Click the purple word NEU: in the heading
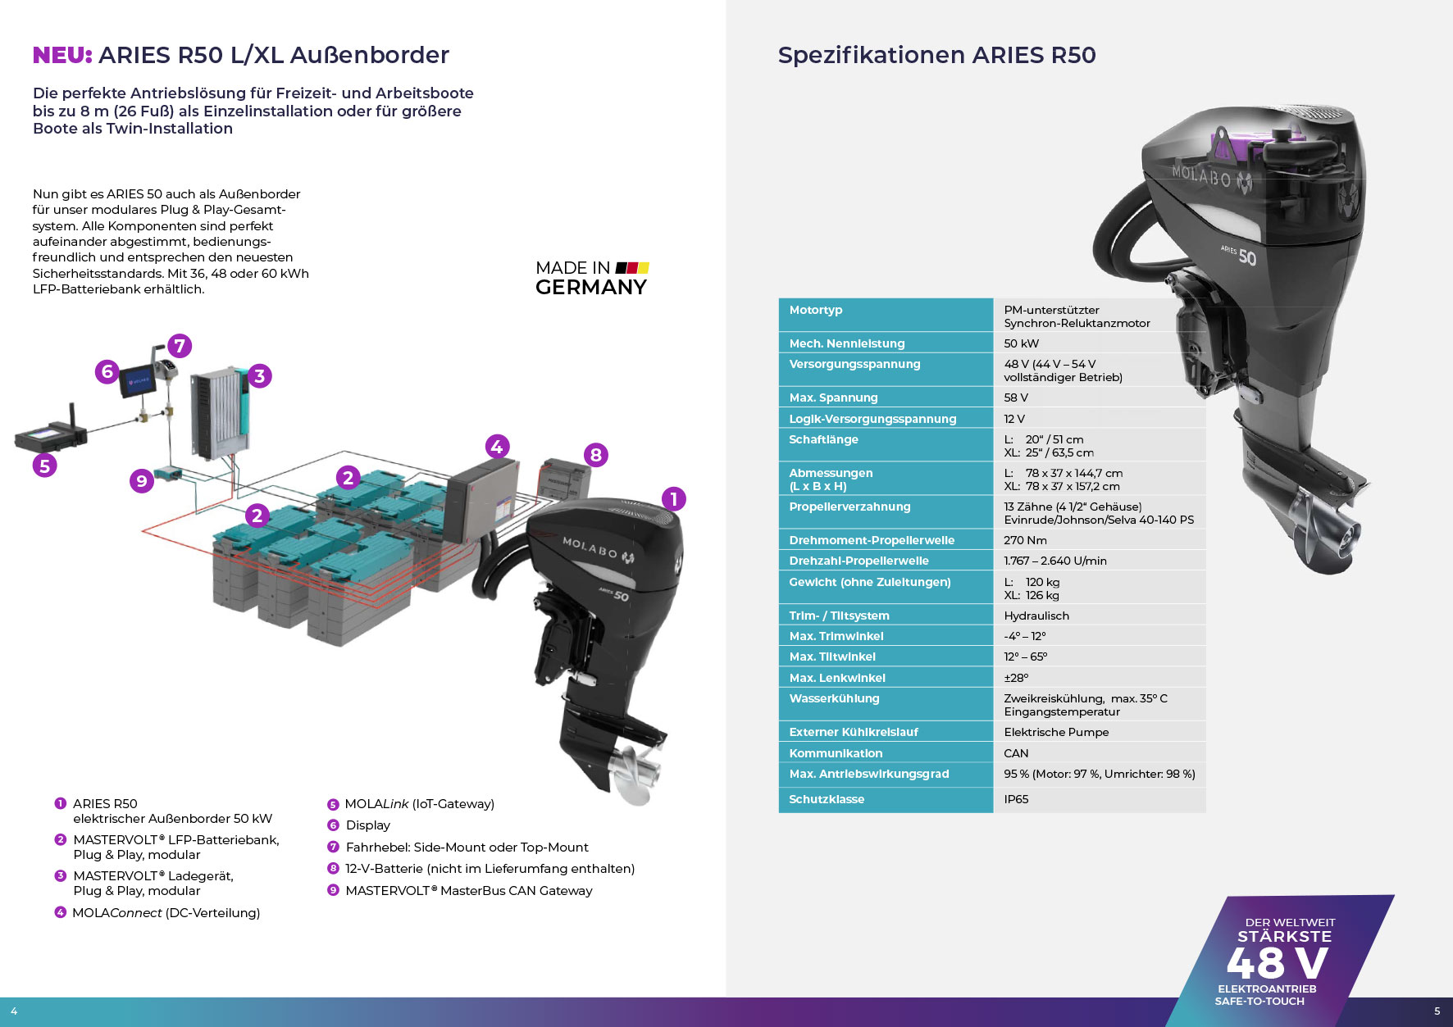pyautogui.click(x=62, y=55)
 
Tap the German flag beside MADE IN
pyautogui.click(x=632, y=268)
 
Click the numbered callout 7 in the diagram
pyautogui.click(x=180, y=346)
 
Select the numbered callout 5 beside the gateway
pyautogui.click(x=44, y=466)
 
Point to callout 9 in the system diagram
pyautogui.click(x=142, y=480)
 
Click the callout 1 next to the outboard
pyautogui.click(x=673, y=498)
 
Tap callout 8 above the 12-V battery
pyautogui.click(x=596, y=455)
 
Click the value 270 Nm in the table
pyautogui.click(x=1025, y=540)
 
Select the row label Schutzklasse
pyautogui.click(x=827, y=799)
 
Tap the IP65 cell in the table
pyautogui.click(x=1016, y=799)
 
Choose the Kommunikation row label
pyautogui.click(x=836, y=753)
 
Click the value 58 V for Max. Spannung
pyautogui.click(x=1016, y=398)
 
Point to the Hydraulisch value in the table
pyautogui.click(x=1036, y=616)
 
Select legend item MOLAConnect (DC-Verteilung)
pyautogui.click(x=166, y=913)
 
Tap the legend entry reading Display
pyautogui.click(x=367, y=825)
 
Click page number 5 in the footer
pyautogui.click(x=1437, y=1011)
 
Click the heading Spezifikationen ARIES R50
pyautogui.click(x=936, y=55)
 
